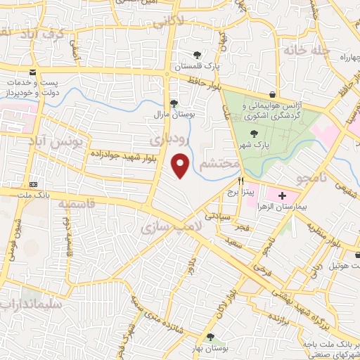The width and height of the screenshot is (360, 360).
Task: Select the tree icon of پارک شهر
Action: (254, 134)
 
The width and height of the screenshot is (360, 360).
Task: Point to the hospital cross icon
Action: (283, 193)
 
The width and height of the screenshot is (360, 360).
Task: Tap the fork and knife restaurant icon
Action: (241, 180)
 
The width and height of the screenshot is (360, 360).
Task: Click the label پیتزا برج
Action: (248, 191)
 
